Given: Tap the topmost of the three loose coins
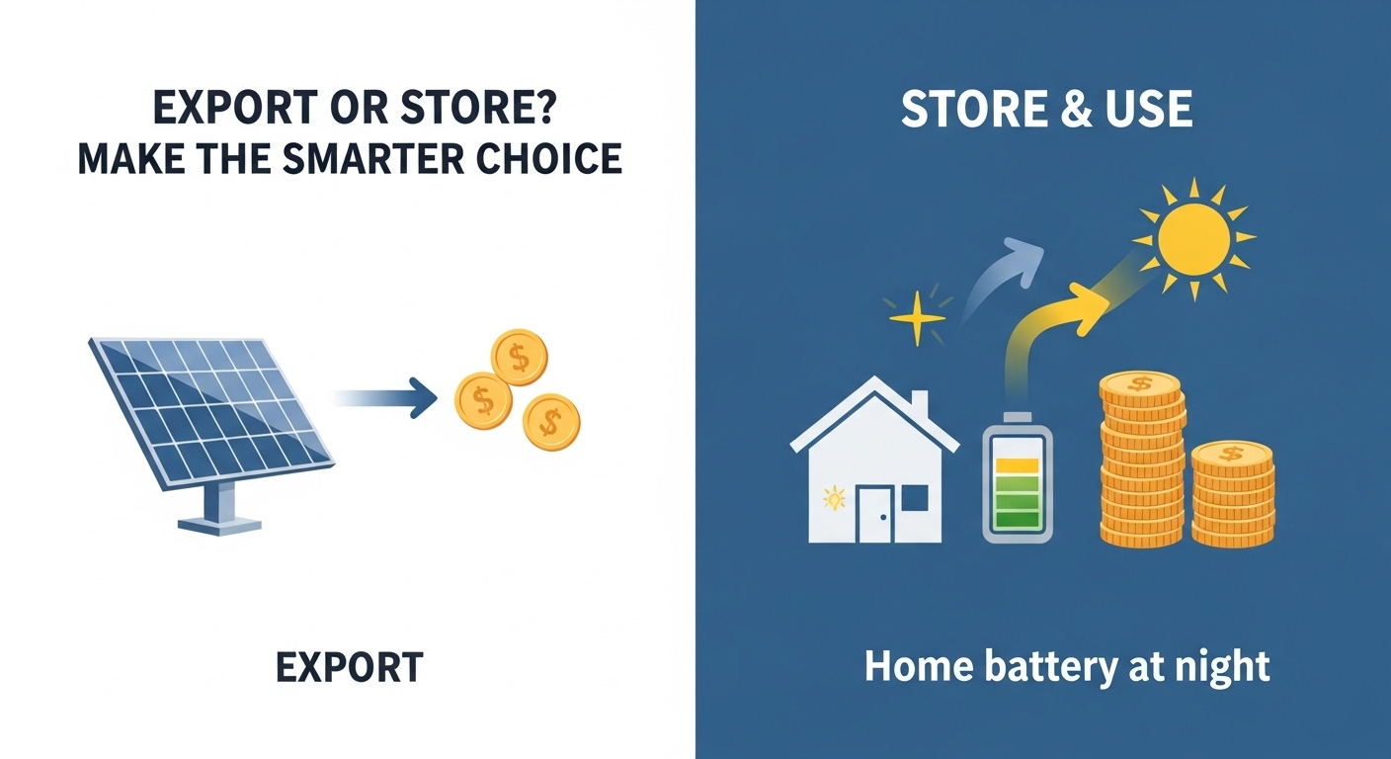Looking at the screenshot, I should click(519, 357).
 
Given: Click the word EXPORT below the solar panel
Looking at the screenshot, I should click(349, 668).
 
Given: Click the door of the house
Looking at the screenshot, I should click(874, 514).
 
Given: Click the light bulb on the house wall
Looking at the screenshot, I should click(835, 497).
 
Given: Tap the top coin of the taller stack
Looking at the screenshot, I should click(1141, 386).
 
